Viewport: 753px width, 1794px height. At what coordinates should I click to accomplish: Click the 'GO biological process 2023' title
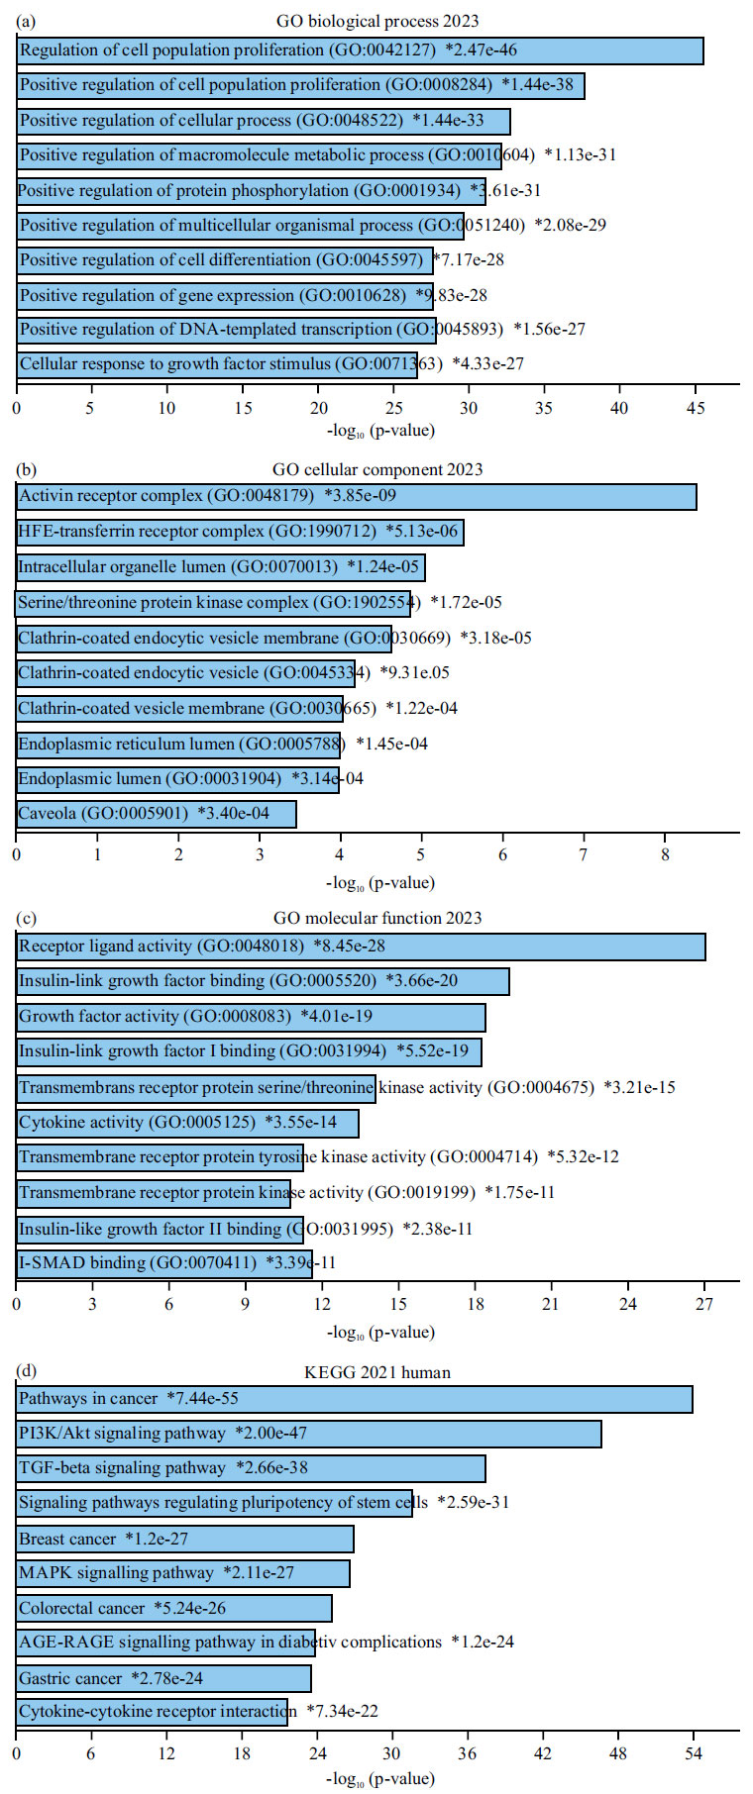pyautogui.click(x=376, y=21)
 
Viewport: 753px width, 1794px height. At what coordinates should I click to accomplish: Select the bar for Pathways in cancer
pyautogui.click(x=355, y=1399)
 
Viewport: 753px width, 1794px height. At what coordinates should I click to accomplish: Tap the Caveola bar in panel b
pyautogui.click(x=157, y=814)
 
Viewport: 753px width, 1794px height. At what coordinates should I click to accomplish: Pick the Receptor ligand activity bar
pyautogui.click(x=361, y=947)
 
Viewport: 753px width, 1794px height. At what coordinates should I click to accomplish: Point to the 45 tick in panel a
pyautogui.click(x=695, y=407)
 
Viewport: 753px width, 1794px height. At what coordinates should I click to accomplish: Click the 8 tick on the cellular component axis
pyautogui.click(x=665, y=854)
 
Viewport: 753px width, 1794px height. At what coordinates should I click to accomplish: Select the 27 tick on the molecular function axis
pyautogui.click(x=703, y=1304)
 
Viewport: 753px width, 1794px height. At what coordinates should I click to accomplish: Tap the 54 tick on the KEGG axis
pyautogui.click(x=693, y=1753)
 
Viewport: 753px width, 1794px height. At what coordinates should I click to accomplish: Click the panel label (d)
pyautogui.click(x=28, y=1370)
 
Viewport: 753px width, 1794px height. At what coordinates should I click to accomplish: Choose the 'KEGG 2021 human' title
pyautogui.click(x=376, y=1372)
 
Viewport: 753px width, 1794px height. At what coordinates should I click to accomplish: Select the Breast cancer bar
pyautogui.click(x=185, y=1539)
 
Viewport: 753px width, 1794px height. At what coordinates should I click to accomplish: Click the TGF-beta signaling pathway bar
pyautogui.click(x=252, y=1468)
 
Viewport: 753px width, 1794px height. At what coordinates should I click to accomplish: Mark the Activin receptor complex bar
pyautogui.click(x=357, y=496)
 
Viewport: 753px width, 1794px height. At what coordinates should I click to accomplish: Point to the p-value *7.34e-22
pyautogui.click(x=342, y=1711)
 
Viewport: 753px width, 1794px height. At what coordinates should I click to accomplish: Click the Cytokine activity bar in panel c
pyautogui.click(x=188, y=1123)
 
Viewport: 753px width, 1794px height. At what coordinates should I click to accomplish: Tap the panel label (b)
pyautogui.click(x=28, y=468)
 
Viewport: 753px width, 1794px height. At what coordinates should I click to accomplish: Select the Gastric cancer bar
pyautogui.click(x=164, y=1678)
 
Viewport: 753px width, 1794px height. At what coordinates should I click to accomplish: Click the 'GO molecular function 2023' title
pyautogui.click(x=376, y=918)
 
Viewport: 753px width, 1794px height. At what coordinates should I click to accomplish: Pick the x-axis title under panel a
pyautogui.click(x=380, y=431)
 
